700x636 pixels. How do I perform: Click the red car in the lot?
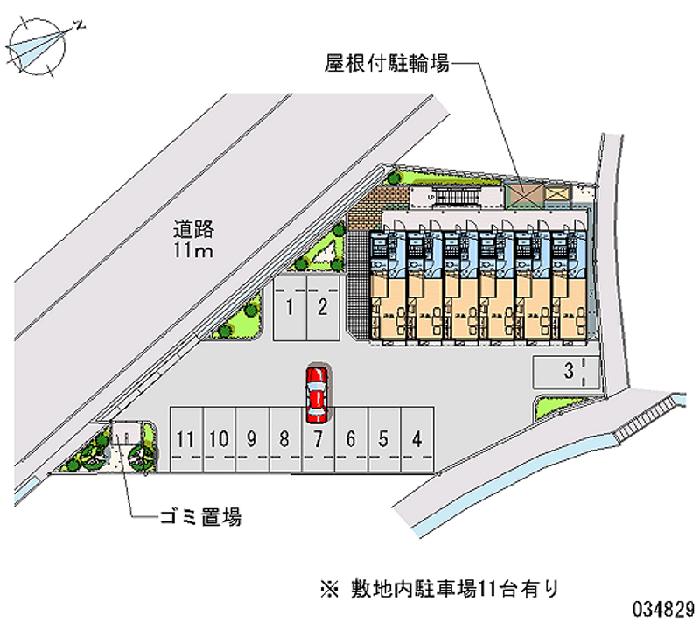point(316,390)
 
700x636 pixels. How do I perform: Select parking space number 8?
point(283,439)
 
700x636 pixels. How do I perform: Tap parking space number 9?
point(251,439)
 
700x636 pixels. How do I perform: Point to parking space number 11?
point(185,439)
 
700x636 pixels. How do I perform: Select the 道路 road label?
point(193,231)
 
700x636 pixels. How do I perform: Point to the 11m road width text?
point(193,252)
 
